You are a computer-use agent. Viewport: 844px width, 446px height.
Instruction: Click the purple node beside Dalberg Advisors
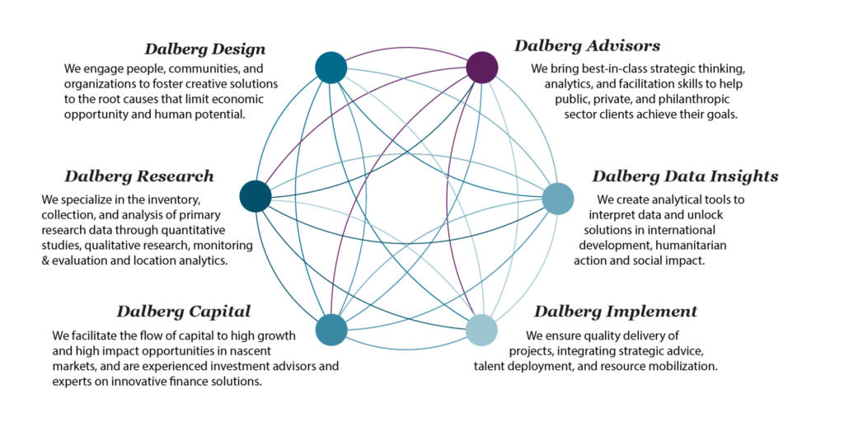tap(482, 68)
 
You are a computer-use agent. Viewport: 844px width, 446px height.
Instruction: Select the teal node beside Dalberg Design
tap(331, 68)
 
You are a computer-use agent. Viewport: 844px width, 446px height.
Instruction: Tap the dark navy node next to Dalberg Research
tap(256, 197)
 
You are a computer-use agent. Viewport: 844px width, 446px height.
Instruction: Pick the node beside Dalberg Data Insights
tap(558, 199)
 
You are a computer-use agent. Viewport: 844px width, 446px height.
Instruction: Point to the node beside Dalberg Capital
tap(331, 329)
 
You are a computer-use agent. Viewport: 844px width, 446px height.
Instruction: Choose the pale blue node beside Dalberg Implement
tap(482, 330)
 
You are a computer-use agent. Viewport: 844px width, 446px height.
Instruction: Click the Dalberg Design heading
tap(205, 49)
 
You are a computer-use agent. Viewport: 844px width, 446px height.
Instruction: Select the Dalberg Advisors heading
tap(587, 45)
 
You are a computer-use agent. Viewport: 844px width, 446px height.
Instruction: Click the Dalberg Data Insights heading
tap(685, 176)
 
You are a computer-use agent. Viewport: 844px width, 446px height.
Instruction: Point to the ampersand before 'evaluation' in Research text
tap(45, 261)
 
